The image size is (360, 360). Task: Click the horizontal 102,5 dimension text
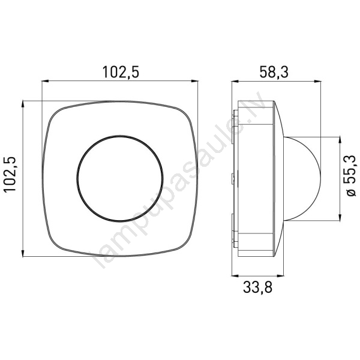(x=121, y=71)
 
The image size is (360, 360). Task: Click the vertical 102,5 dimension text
(x=10, y=174)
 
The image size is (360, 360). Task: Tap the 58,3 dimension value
(x=274, y=71)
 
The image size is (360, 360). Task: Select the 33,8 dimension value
(x=257, y=287)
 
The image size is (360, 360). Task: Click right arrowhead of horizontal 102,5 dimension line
(x=194, y=81)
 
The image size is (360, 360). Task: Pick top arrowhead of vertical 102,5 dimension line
(x=23, y=104)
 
